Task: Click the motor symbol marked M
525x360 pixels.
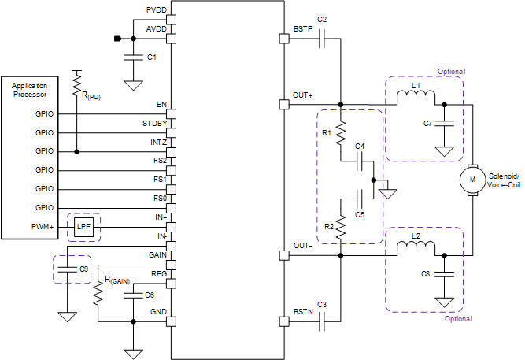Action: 472,179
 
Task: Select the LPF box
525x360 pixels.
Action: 83,226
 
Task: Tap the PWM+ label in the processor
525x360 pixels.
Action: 41,226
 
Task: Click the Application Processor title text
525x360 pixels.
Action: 29,90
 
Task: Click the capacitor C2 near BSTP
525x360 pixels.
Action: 322,43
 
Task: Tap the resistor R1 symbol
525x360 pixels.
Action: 341,133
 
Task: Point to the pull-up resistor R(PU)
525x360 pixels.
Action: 77,82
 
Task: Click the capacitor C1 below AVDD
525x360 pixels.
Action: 133,58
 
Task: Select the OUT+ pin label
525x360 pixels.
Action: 303,95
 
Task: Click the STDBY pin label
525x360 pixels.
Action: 153,124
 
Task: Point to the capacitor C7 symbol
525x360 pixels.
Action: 445,124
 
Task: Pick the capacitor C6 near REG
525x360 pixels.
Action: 136,295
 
